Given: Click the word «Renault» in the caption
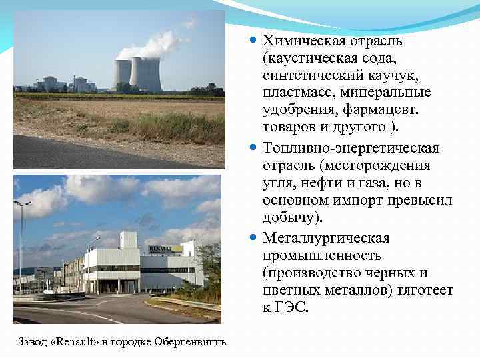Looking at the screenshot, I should pyautogui.click(x=76, y=342).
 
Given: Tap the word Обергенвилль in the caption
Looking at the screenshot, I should pyautogui.click(x=190, y=342).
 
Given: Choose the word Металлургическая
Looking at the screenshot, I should pyautogui.click(x=326, y=237).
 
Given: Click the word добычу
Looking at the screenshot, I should pyautogui.click(x=292, y=218).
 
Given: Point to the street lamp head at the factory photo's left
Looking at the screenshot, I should pyautogui.click(x=21, y=203).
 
